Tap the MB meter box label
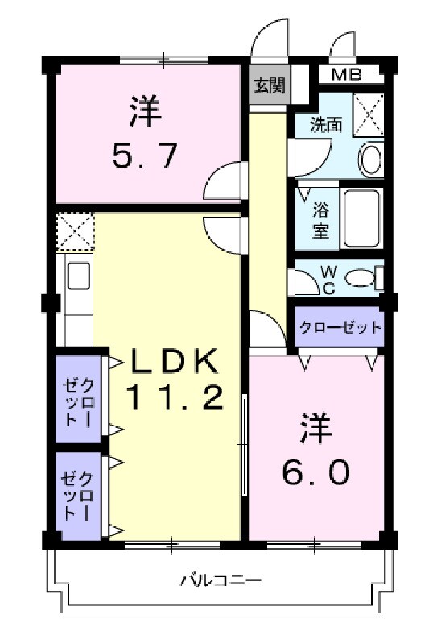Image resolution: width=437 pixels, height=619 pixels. (x=347, y=75)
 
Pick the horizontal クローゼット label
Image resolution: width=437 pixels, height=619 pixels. (x=339, y=328)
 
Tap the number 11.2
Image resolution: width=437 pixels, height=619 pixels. (x=172, y=398)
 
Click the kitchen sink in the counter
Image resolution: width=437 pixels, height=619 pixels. (x=79, y=278)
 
